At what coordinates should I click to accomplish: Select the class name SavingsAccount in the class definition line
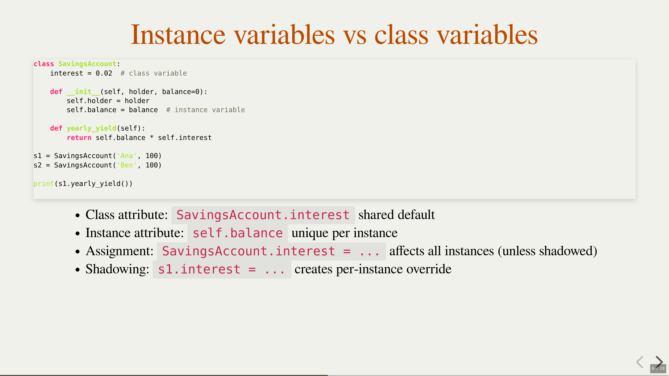(87, 64)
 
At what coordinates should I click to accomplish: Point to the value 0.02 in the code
(104, 73)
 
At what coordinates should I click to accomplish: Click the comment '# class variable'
(153, 73)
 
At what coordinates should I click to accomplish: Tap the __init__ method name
(83, 92)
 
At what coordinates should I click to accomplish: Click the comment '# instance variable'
(205, 110)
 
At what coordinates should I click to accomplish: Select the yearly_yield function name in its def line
(91, 128)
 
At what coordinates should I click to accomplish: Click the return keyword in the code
(79, 138)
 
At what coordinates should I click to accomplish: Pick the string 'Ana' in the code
(127, 156)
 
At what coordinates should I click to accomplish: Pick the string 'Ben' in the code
(127, 165)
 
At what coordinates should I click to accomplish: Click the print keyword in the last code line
(44, 183)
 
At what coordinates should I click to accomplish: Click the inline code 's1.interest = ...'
(222, 269)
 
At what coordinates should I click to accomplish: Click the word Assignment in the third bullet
(120, 251)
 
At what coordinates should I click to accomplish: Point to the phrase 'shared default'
(396, 215)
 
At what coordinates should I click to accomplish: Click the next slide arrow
(659, 362)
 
